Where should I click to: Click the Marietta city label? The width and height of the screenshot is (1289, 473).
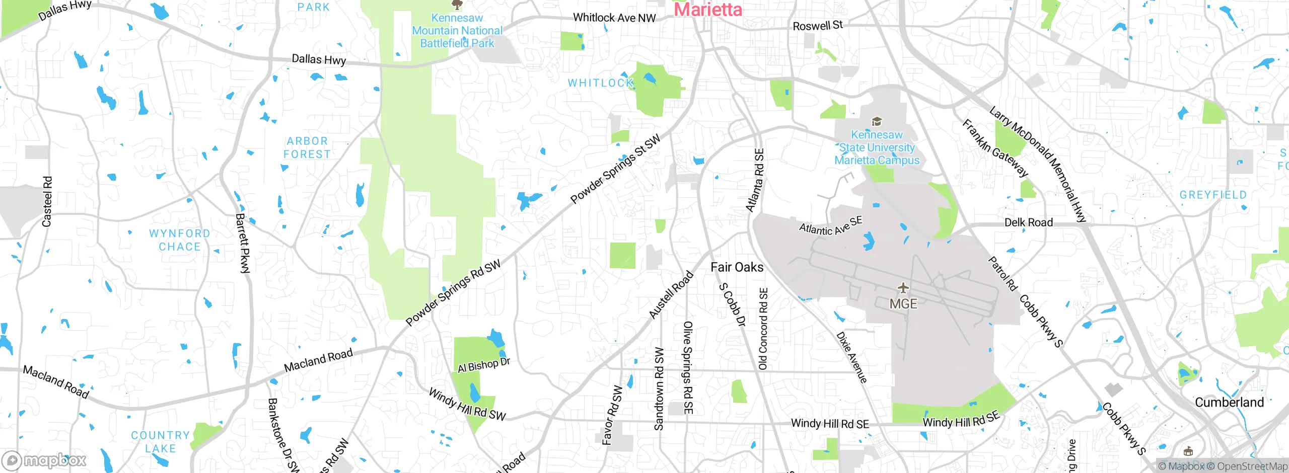coord(707,9)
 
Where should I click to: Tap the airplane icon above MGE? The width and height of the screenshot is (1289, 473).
coord(903,288)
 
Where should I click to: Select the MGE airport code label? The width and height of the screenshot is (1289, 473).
coord(903,304)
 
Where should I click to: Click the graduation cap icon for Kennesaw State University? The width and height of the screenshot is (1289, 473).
coord(877,121)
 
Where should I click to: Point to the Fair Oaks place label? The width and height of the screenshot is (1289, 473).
coord(737,267)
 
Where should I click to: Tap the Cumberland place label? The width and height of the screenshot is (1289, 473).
coord(1229,403)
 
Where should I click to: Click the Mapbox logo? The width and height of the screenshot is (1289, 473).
coord(44,460)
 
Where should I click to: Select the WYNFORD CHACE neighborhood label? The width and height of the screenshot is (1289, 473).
coord(179,240)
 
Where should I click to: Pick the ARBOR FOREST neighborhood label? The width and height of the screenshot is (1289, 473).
coord(307,148)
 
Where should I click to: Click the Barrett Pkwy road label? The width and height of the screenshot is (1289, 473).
coord(243,243)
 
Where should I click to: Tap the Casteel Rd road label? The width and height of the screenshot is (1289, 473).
coord(47,201)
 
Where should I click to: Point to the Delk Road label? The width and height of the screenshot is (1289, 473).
coord(1028,222)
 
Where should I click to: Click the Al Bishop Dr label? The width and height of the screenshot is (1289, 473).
coord(483,365)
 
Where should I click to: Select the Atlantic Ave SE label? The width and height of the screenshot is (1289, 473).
coord(831,226)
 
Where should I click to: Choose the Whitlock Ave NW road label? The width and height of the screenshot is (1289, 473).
coord(614,18)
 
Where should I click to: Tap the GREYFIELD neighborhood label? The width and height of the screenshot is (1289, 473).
coord(1213,195)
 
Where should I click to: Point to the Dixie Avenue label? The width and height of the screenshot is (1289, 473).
coord(852,357)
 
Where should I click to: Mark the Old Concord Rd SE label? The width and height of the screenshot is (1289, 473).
coord(763,329)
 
